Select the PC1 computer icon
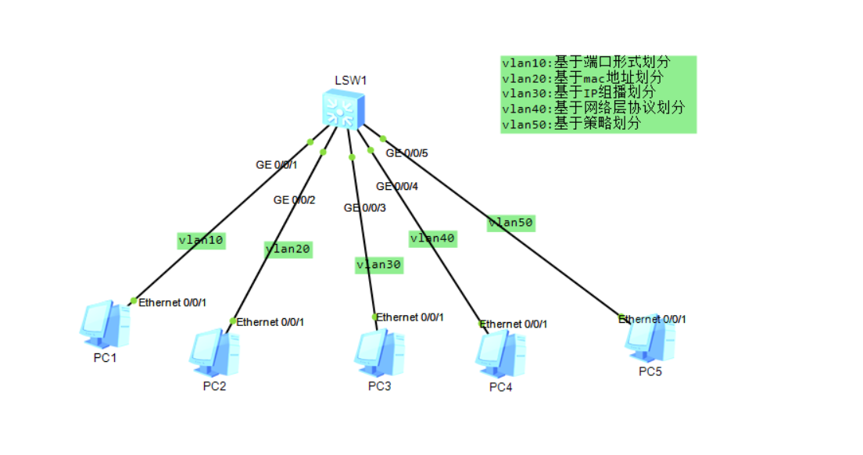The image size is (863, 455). (x=104, y=325)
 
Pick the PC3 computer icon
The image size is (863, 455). (x=379, y=353)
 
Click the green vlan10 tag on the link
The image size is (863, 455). (x=202, y=241)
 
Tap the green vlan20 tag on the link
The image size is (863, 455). (x=288, y=249)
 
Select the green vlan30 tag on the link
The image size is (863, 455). (x=379, y=265)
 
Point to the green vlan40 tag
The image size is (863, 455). (x=432, y=238)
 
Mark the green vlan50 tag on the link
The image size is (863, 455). (x=510, y=223)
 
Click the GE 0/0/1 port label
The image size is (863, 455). (x=277, y=165)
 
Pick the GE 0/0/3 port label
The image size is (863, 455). (x=365, y=208)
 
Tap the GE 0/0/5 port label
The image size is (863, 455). (x=406, y=153)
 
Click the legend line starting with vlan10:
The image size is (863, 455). (x=585, y=63)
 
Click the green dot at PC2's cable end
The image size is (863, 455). (x=232, y=321)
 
